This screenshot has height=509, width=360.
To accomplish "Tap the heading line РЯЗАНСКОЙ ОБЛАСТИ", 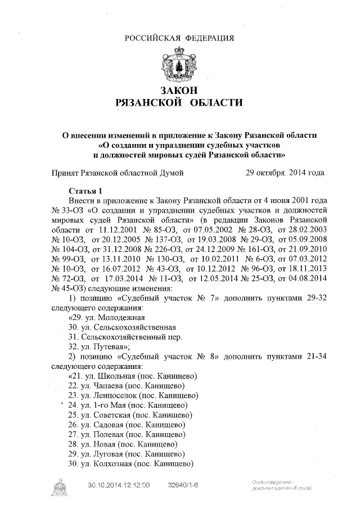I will [179, 103].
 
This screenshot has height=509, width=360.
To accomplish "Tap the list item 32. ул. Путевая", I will [99, 346].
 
